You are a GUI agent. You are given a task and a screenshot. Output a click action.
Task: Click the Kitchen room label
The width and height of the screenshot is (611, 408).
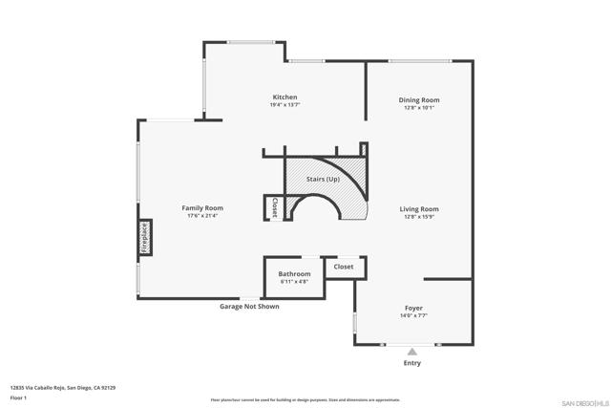tap(284, 97)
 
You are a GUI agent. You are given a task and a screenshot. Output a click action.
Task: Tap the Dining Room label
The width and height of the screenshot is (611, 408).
tap(418, 100)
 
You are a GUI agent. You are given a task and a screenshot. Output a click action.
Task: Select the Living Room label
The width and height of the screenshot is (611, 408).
tap(418, 209)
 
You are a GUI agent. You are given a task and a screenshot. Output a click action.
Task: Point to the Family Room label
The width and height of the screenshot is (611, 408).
tap(202, 208)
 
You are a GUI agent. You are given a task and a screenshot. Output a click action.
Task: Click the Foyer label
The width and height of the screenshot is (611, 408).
tap(413, 309)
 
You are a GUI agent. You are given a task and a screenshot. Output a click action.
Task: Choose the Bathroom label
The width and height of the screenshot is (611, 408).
tap(294, 274)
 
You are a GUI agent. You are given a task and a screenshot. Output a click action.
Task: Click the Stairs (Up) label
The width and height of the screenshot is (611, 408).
tap(323, 180)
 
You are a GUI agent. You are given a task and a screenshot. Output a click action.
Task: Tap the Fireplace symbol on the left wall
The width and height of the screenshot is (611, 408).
tap(145, 237)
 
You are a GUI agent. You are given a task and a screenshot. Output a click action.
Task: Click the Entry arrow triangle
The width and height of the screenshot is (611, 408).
tap(412, 351)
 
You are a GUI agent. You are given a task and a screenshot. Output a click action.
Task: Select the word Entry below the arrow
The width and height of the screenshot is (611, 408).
tap(412, 363)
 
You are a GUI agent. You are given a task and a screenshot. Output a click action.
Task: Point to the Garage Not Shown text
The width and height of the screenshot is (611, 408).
tap(249, 307)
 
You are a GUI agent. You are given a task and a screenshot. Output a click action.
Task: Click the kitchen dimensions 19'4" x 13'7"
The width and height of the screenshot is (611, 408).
tap(284, 106)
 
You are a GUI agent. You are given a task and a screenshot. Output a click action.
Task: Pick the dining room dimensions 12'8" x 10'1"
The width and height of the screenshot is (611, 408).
tap(418, 108)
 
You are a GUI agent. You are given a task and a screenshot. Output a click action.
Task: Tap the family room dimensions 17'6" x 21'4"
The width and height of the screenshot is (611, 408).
tap(202, 216)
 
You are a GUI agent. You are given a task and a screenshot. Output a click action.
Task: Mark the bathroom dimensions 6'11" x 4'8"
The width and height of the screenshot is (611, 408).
tap(294, 282)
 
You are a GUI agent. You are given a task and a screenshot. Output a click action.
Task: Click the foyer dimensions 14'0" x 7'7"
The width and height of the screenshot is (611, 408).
tap(413, 316)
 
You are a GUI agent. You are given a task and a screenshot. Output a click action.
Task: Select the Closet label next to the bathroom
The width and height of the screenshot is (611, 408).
tap(344, 267)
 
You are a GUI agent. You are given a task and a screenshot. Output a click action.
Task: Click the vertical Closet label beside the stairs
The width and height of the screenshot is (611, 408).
tap(274, 206)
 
